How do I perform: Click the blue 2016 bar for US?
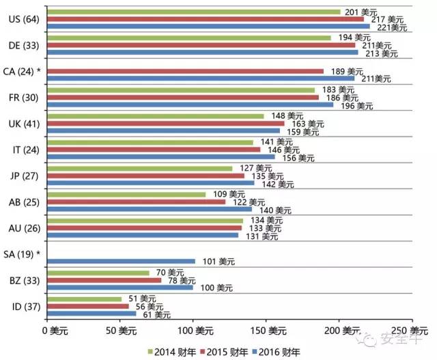click(x=208, y=27)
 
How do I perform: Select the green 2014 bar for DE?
click(x=188, y=38)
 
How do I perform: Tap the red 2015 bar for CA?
click(x=184, y=70)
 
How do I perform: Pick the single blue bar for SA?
click(x=120, y=261)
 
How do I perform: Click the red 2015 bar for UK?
click(x=165, y=124)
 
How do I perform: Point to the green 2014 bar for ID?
click(x=83, y=299)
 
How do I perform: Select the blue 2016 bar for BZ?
click(x=119, y=287)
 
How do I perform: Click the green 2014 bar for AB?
click(x=126, y=195)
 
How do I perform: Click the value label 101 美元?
click(x=218, y=261)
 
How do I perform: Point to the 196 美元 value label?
click(x=356, y=106)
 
